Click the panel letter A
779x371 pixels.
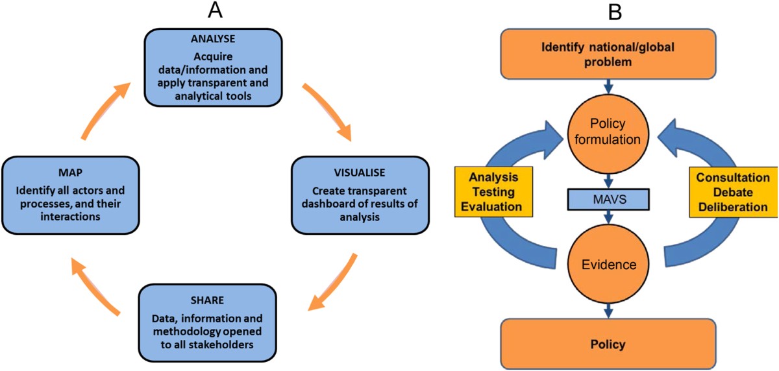tap(215, 10)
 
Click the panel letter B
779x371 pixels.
tap(615, 12)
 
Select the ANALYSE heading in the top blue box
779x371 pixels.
tap(213, 38)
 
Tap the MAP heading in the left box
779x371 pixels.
tap(70, 173)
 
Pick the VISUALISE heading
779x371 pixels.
tap(360, 173)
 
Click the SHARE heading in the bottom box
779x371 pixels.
tap(207, 300)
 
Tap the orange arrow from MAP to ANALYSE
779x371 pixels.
tap(105, 110)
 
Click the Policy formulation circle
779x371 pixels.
tap(608, 134)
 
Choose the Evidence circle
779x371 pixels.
tap(609, 265)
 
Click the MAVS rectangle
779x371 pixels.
tap(608, 199)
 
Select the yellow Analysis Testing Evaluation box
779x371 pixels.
tap(493, 192)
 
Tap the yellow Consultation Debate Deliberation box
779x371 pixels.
tap(734, 192)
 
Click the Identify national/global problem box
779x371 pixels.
tap(608, 54)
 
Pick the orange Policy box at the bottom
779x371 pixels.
tap(608, 344)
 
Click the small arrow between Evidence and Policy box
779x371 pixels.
tap(608, 311)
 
